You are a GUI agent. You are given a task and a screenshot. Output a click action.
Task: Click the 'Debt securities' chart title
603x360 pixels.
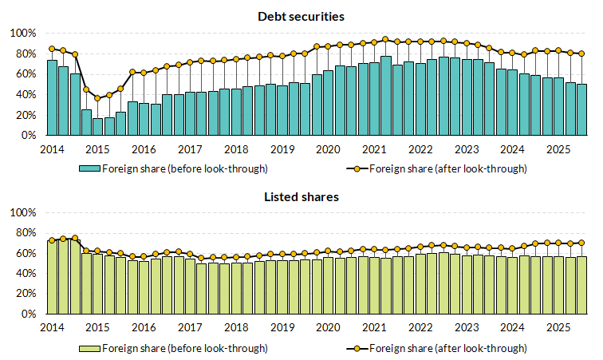pos(301,16)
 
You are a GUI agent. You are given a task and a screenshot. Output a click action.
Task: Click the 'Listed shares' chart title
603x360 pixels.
pos(301,196)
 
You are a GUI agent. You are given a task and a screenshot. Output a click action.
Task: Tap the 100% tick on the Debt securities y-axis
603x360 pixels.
pos(23,34)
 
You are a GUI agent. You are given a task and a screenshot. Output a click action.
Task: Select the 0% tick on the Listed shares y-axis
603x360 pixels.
pos(28,315)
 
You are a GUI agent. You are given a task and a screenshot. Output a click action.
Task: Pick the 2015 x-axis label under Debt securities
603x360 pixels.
pos(98,149)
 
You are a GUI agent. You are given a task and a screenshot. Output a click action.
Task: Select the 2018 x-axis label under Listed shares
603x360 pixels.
pos(236,328)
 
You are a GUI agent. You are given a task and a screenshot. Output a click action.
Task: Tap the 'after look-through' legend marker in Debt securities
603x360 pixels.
pos(355,168)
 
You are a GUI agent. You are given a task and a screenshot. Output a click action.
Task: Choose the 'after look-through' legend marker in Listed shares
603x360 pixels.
pos(355,348)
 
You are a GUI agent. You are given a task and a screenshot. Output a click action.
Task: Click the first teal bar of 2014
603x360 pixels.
pos(52,97)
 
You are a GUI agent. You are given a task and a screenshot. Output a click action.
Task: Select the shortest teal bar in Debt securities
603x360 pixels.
pos(97,127)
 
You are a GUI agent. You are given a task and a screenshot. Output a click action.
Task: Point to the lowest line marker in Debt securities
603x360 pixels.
pos(97,98)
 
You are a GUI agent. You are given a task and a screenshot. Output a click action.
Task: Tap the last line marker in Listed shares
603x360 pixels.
pos(581,243)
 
